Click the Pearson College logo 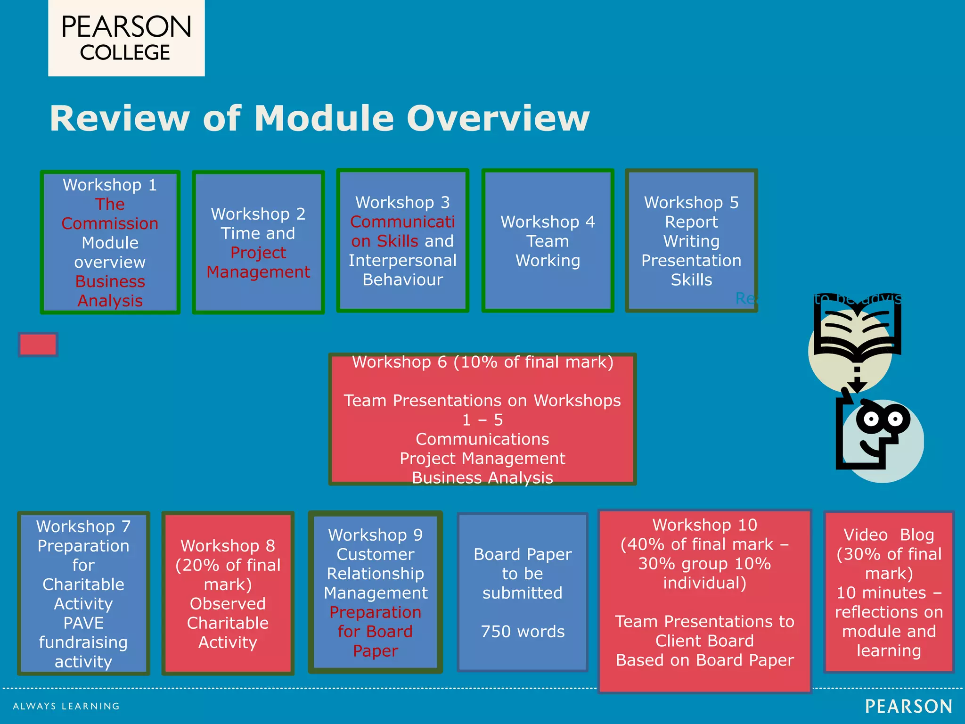coord(126,39)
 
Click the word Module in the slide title coord(324,118)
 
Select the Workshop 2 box coord(258,242)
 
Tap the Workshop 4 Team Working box coord(548,241)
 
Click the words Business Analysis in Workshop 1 coord(110,291)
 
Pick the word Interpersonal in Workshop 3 coord(402,261)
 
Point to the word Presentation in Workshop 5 coord(691,261)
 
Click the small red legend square coord(38,345)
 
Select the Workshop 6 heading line coord(482,362)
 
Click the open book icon coord(857,330)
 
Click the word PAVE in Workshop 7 coord(83,623)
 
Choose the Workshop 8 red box coord(228,593)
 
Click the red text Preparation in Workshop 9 coord(375,612)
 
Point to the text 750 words coord(523,632)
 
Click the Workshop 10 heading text coord(704,525)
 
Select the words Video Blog coord(889,535)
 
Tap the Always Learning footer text coord(66,706)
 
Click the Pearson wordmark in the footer coord(908,707)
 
